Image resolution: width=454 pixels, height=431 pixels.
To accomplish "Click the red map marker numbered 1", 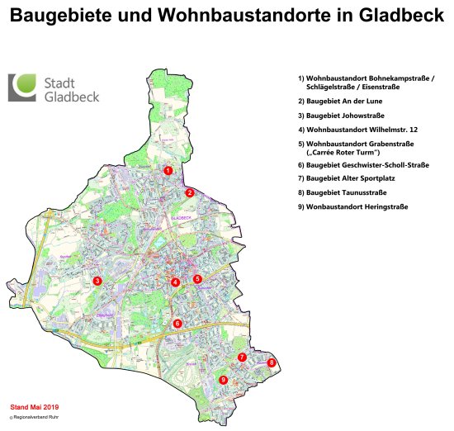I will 168,170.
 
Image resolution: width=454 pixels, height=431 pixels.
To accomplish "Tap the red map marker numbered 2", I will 189,192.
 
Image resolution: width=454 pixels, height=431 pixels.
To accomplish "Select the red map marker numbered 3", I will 97,281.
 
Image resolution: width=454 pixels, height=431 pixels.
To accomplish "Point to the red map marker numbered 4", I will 175,282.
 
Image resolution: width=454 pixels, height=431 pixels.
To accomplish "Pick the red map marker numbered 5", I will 197,279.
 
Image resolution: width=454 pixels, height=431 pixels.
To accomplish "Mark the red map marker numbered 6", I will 177,323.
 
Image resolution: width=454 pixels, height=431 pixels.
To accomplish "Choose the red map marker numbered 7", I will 242,358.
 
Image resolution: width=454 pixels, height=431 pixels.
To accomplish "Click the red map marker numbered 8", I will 272,362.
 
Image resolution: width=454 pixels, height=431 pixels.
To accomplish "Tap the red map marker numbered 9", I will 222,380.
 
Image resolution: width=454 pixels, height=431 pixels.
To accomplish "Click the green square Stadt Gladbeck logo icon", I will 23,88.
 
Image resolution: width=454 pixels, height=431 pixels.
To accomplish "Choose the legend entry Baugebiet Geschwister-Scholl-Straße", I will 363,165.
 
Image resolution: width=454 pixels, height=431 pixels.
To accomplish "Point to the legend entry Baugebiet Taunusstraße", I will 349,192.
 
